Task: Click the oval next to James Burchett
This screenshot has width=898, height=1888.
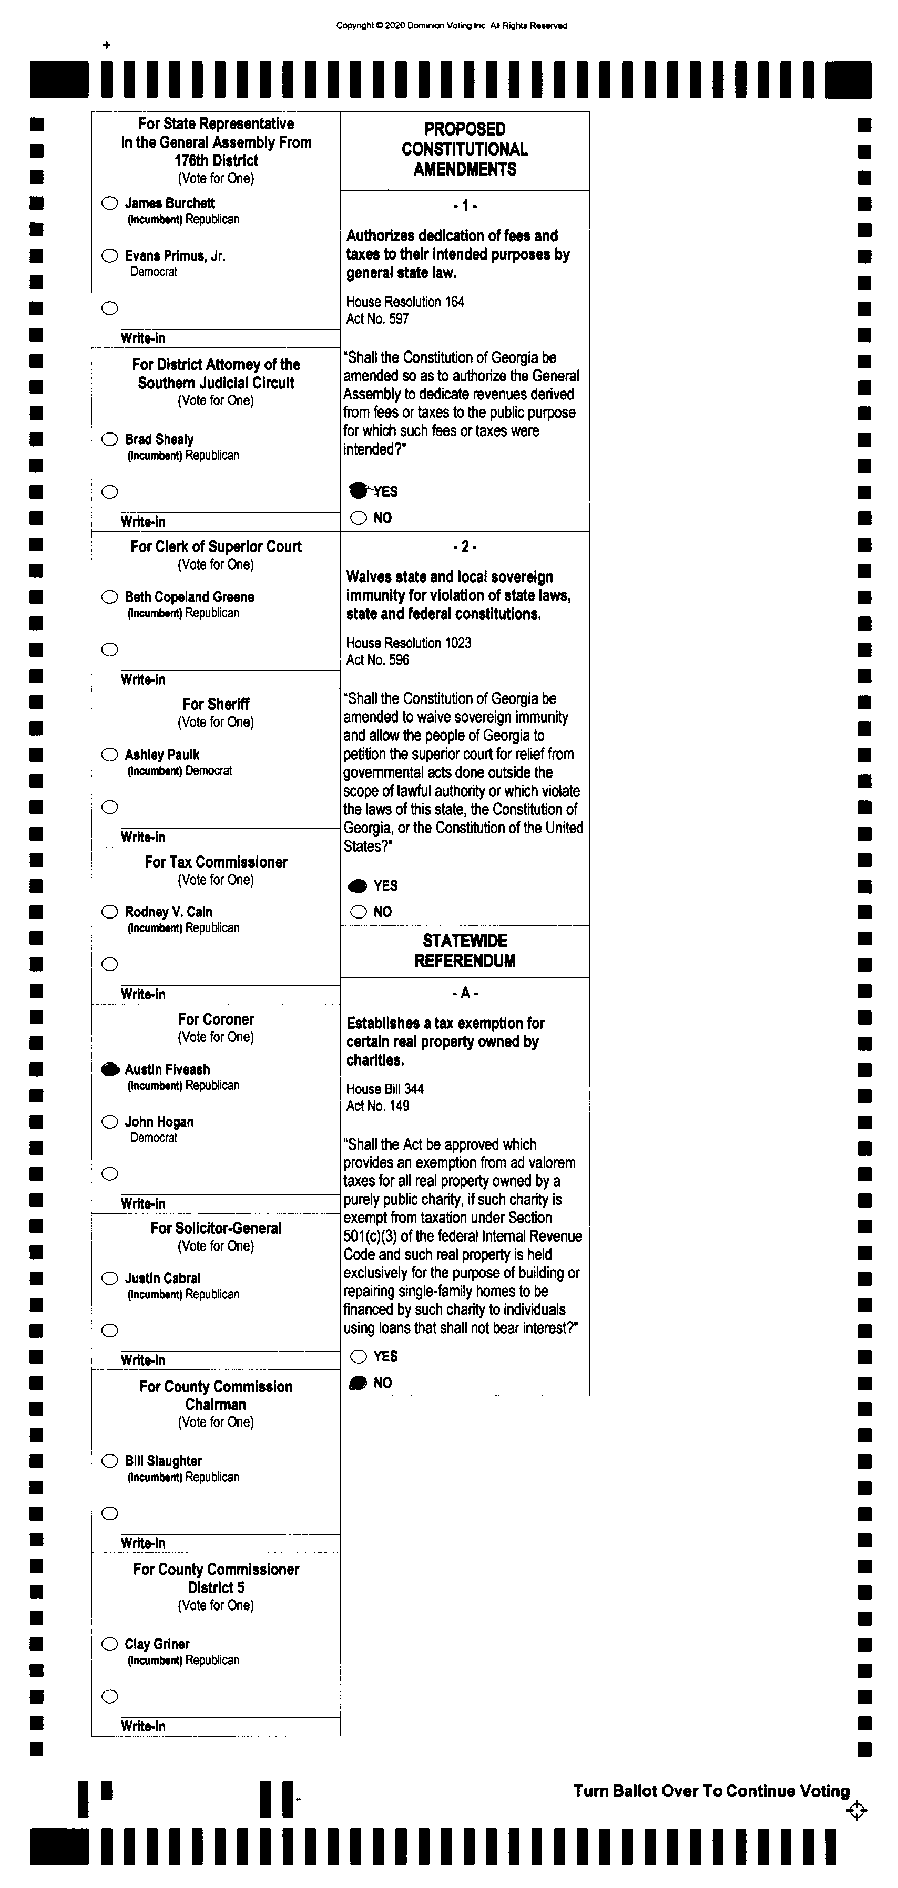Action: coord(110,203)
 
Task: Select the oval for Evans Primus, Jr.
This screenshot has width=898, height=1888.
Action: coord(110,256)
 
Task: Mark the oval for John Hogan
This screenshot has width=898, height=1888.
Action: coord(110,1121)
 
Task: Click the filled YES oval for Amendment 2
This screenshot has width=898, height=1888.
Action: coord(358,886)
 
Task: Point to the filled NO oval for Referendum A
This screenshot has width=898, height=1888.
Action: coord(358,1383)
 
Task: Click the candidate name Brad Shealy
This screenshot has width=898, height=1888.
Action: coord(159,439)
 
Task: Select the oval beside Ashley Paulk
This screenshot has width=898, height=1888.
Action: coord(110,754)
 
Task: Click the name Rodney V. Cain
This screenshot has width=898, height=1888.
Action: coord(169,912)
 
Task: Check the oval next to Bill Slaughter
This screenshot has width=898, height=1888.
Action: coord(110,1461)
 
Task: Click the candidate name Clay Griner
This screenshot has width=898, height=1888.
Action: coord(157,1644)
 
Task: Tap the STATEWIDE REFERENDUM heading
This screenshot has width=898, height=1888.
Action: coord(465,951)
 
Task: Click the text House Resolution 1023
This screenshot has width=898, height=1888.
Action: coord(409,643)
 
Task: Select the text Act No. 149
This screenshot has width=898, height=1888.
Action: coord(377,1106)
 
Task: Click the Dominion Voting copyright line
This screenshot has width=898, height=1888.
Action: coord(452,26)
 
